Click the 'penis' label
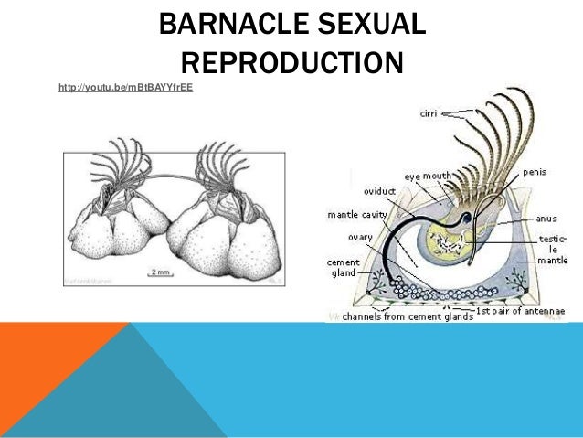[535, 172]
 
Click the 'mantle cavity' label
[357, 216]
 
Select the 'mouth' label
[438, 176]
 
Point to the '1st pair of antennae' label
[523, 312]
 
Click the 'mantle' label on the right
[553, 261]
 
